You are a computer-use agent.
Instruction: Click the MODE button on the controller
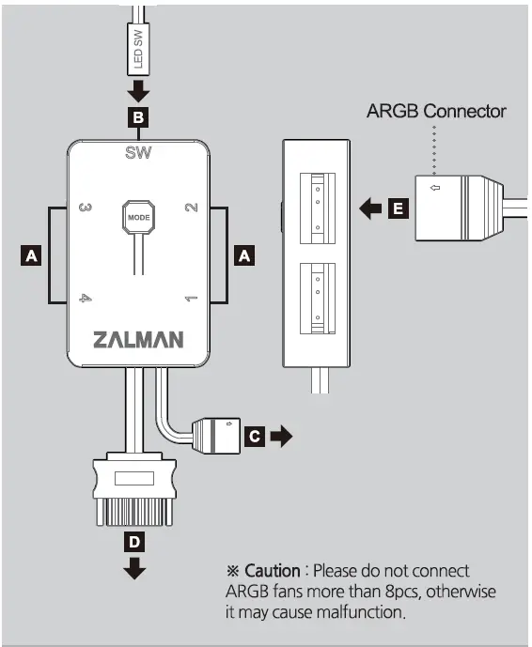pos(137,218)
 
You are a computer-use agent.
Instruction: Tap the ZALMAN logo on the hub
pos(138,339)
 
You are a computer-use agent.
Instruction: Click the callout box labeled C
pos(254,436)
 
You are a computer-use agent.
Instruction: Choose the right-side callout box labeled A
pos(243,254)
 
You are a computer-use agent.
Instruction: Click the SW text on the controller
pos(138,153)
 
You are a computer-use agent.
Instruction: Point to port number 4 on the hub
pos(85,299)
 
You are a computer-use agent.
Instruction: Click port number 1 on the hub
pos(191,299)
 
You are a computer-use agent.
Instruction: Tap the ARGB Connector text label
pos(436,112)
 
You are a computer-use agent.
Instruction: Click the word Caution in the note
pos(273,571)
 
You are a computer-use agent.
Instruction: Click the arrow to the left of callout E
pos(372,209)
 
